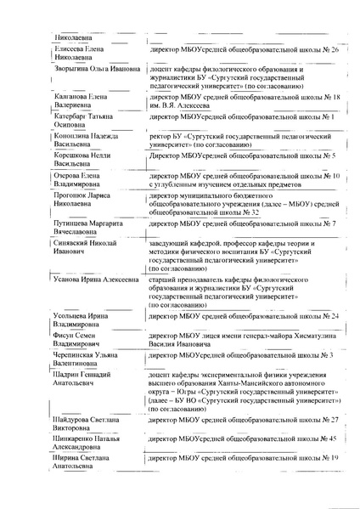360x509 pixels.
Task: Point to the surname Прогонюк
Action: pyautogui.click(x=71, y=195)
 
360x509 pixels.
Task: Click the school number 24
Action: pyautogui.click(x=335, y=315)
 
